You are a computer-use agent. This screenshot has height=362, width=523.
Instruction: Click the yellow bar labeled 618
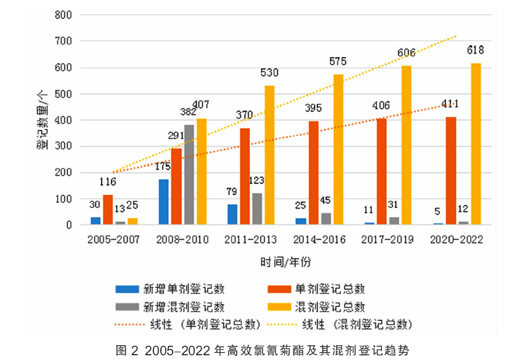[475, 144]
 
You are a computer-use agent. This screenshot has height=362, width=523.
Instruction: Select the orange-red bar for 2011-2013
[245, 177]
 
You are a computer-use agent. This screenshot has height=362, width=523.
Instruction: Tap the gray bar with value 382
[189, 175]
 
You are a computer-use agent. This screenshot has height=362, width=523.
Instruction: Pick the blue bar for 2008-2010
[163, 202]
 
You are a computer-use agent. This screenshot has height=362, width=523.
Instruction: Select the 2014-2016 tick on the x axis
[319, 239]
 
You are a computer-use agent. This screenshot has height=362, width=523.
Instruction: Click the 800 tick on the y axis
[64, 15]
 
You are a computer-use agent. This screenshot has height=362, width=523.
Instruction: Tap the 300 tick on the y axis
[64, 146]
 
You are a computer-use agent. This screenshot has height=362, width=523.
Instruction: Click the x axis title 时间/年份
[285, 262]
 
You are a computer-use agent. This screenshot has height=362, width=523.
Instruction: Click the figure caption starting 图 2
[262, 349]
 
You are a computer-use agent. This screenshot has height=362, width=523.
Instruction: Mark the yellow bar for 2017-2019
[407, 145]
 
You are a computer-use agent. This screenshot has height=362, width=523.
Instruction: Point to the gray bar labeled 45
[326, 219]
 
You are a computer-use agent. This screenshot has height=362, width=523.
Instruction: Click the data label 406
[381, 106]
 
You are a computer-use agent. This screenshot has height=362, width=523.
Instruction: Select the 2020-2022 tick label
[456, 239]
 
